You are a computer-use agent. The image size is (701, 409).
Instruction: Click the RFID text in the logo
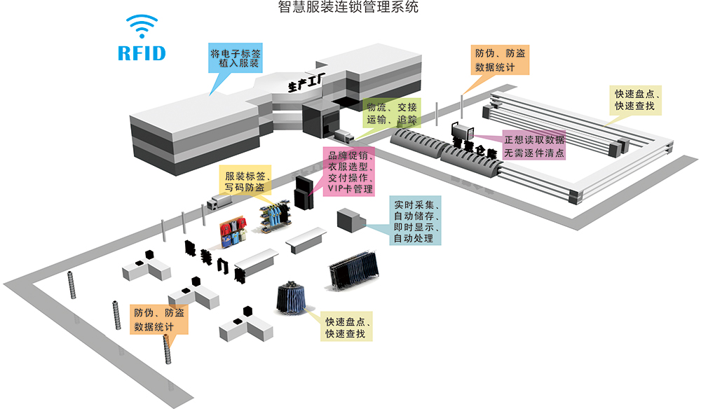(x=141, y=53)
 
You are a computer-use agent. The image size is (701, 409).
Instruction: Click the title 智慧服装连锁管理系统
(x=348, y=8)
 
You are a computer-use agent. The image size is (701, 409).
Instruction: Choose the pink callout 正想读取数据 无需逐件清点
(x=534, y=146)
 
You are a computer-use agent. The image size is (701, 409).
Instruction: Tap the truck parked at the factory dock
(x=343, y=134)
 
